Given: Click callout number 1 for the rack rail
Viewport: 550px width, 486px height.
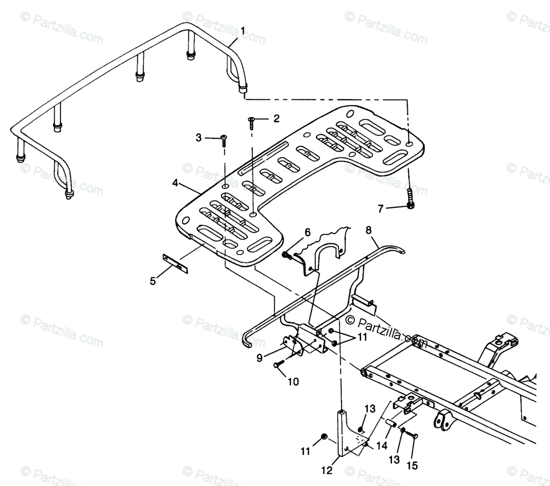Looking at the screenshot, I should pos(243,31).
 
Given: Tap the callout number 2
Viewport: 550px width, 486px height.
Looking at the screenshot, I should pos(276,119).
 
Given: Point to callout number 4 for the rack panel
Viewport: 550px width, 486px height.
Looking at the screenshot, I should pos(175,182).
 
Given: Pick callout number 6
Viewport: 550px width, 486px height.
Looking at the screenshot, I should pos(308,232).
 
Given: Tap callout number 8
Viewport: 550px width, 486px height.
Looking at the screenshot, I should pos(369,230).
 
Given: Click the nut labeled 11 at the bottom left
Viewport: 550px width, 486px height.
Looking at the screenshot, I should pos(323,437).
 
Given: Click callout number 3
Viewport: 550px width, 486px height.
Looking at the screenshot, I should pos(199,138).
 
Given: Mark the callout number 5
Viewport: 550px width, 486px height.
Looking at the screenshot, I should pos(153,281).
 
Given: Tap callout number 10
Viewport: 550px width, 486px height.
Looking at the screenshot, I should pos(293,381).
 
